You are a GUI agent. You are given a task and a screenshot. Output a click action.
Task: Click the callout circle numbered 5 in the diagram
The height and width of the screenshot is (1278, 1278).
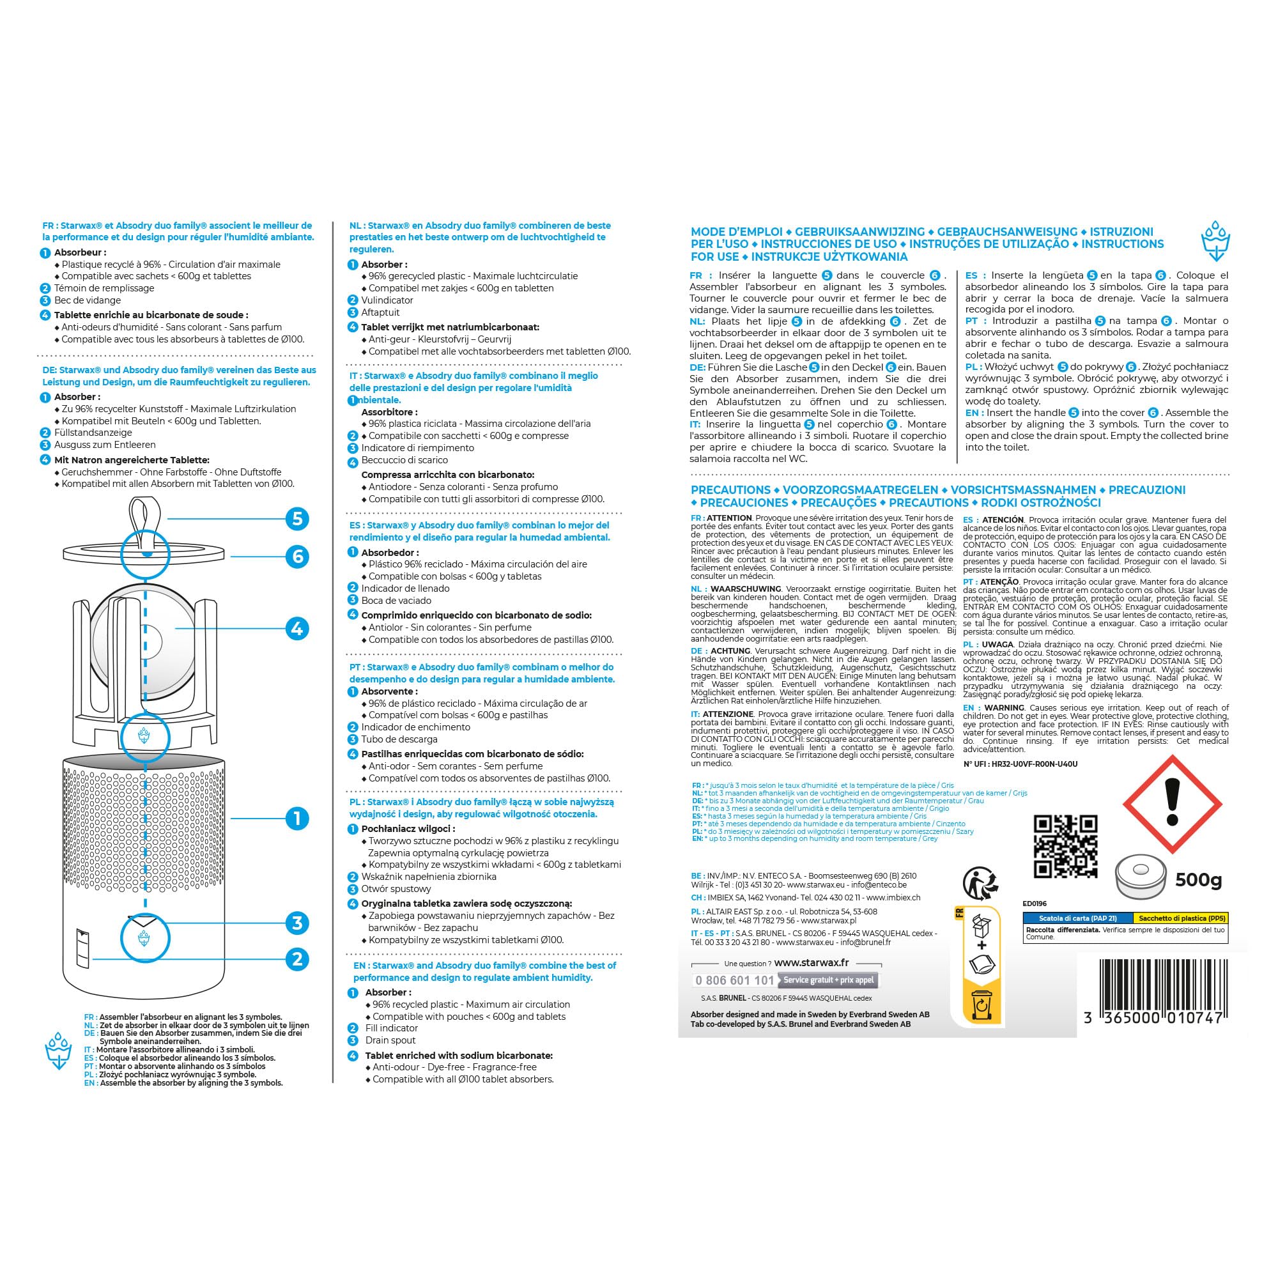297,519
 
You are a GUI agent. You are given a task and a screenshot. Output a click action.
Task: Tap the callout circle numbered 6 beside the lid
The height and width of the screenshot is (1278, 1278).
297,557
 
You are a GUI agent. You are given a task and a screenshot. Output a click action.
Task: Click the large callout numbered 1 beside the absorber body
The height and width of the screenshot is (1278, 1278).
297,819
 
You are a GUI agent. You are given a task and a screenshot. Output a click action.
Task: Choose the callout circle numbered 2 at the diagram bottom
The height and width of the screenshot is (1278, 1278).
297,959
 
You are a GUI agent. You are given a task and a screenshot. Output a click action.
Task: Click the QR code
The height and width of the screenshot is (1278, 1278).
1065,846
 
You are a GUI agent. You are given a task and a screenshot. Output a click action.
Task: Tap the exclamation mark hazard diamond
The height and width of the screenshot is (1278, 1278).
1172,807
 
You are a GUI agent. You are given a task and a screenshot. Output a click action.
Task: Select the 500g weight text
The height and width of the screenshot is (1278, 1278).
1198,880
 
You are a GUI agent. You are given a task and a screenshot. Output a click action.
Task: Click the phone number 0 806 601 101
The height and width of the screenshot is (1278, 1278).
734,980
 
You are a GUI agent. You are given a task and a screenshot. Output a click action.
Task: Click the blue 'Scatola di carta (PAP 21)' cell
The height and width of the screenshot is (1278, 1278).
1077,918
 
